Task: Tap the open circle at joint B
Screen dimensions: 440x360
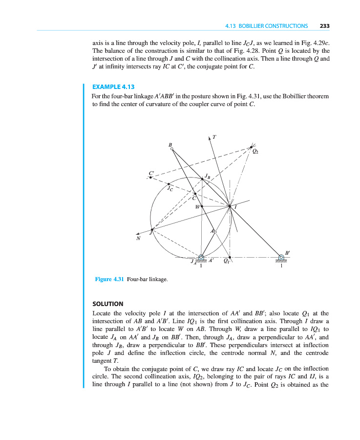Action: [x=171, y=150]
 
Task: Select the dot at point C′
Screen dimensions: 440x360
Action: [x=151, y=177]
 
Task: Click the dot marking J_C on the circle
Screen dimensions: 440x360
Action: [x=168, y=184]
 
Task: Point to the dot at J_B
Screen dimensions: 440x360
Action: [x=203, y=179]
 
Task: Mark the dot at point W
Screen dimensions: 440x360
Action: [x=202, y=207]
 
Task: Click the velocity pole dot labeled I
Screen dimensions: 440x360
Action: [x=230, y=206]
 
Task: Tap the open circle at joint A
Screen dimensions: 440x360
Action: [x=214, y=231]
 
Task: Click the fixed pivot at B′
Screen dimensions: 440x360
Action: [x=281, y=257]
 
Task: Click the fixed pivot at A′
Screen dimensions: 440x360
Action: [x=201, y=257]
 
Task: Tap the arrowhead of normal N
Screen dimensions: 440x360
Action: [x=139, y=233]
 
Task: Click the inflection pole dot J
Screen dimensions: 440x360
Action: [x=152, y=229]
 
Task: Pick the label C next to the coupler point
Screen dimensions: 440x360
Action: [x=194, y=198]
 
